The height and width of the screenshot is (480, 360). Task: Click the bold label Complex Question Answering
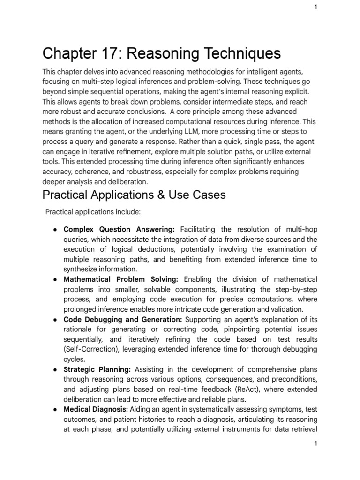coord(119,229)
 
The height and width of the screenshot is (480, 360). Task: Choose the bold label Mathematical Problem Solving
coord(120,279)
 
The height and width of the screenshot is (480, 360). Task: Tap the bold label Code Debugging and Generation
coord(124,320)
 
